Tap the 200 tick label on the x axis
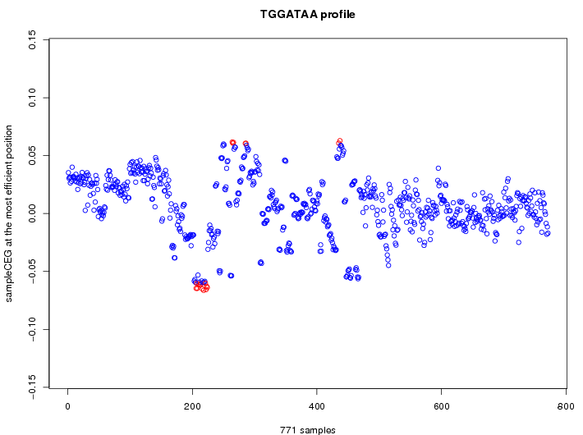point(192,405)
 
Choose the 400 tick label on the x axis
point(316,405)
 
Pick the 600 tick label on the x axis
point(441,405)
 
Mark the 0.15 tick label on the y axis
point(32,39)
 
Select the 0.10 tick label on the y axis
point(32,98)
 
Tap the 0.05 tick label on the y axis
point(32,155)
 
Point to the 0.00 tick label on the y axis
point(32,213)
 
